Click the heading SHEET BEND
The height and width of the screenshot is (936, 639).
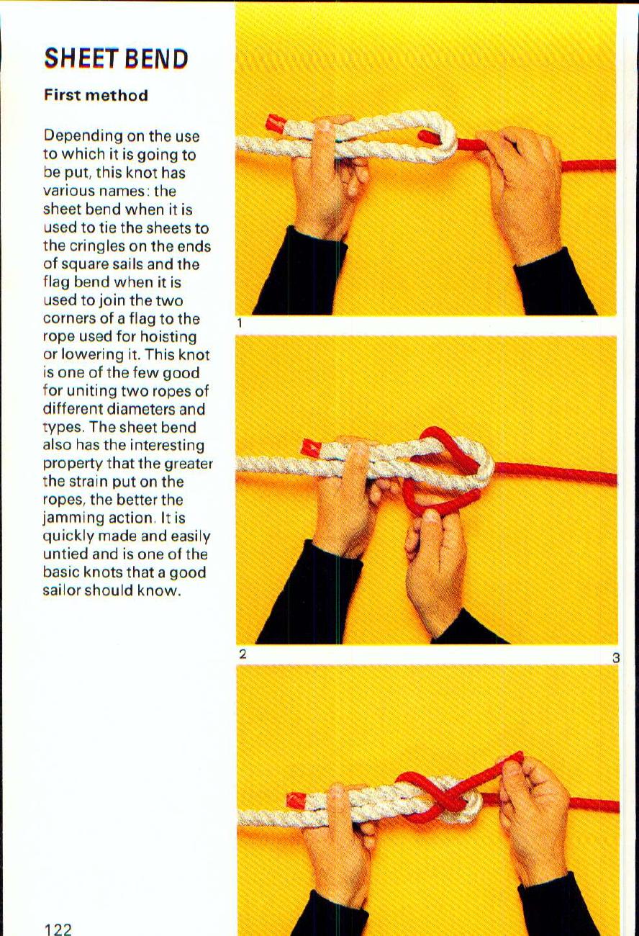click(x=116, y=58)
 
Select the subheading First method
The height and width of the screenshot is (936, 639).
click(x=96, y=95)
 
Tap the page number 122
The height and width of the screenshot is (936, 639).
click(x=58, y=929)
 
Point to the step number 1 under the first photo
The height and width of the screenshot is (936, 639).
click(x=240, y=323)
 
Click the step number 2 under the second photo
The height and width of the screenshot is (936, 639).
click(x=243, y=654)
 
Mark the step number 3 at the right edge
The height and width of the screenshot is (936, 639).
click(x=615, y=659)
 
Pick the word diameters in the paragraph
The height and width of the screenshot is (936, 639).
click(x=142, y=409)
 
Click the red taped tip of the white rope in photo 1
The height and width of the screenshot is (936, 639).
click(x=276, y=122)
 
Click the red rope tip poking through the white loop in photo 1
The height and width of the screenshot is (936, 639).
click(x=427, y=136)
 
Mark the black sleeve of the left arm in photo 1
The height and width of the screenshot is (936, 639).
click(x=301, y=271)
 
